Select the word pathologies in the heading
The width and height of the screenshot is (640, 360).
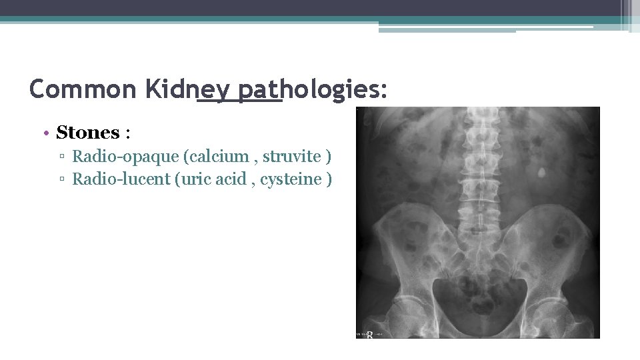pyautogui.click(x=294, y=89)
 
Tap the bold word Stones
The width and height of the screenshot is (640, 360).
pyautogui.click(x=87, y=133)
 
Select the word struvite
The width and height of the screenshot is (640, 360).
pyautogui.click(x=291, y=157)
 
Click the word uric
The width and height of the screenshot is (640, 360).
pyautogui.click(x=194, y=179)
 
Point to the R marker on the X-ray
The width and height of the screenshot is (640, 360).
pyautogui.click(x=369, y=334)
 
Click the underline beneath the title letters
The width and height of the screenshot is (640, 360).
pyautogui.click(x=240, y=102)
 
